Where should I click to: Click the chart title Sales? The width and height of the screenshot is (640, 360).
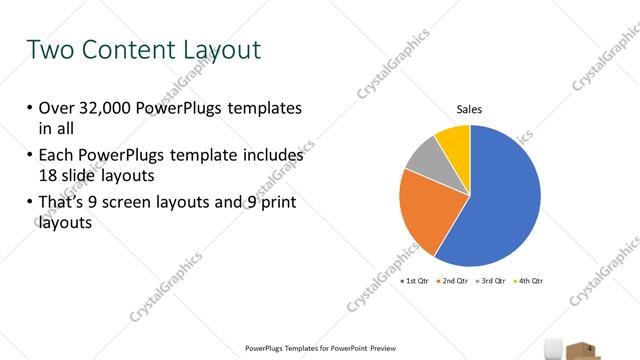click(470, 109)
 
